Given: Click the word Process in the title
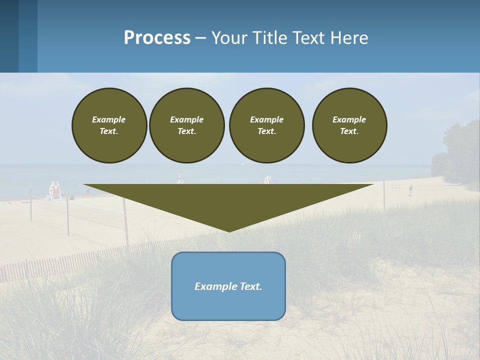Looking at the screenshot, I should (157, 38).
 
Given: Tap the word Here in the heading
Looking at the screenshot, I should (348, 38).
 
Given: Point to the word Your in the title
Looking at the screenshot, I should (227, 38).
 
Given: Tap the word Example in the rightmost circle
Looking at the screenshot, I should (349, 119).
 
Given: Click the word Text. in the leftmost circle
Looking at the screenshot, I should (109, 131).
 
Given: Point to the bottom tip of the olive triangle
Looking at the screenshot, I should (229, 230).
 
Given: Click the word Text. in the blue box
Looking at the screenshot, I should (251, 286).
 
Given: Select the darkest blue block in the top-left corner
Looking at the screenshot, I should (9, 36).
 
